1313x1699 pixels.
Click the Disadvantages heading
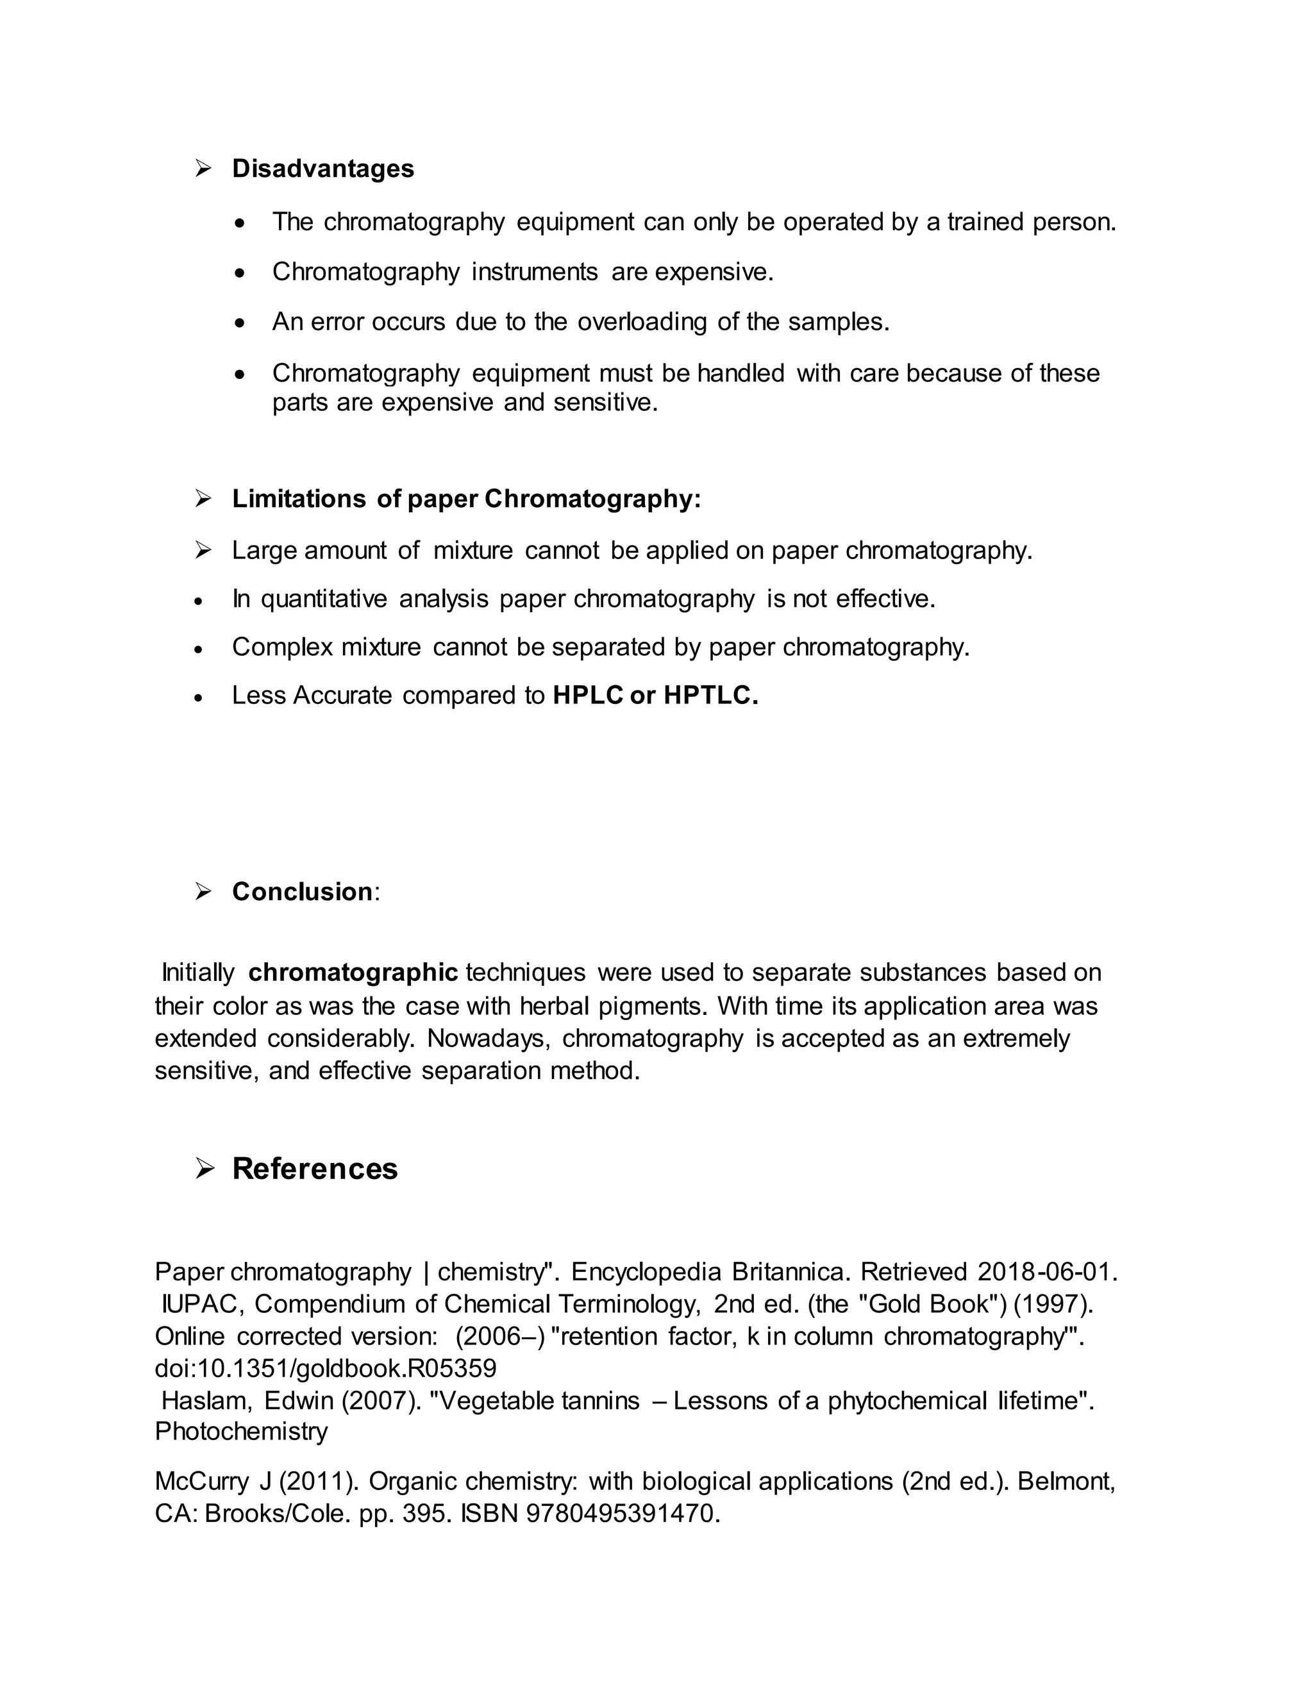tap(323, 169)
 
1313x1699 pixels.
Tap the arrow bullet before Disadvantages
tap(204, 168)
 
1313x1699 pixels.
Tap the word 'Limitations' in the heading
tap(299, 499)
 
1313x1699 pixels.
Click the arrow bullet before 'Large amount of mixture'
tap(204, 551)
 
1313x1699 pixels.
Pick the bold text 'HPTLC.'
tap(710, 696)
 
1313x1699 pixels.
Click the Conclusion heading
tap(303, 892)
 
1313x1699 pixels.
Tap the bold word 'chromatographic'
tap(353, 973)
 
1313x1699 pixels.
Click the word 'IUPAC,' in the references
tap(203, 1304)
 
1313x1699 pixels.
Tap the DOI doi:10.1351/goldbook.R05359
tap(325, 1368)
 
